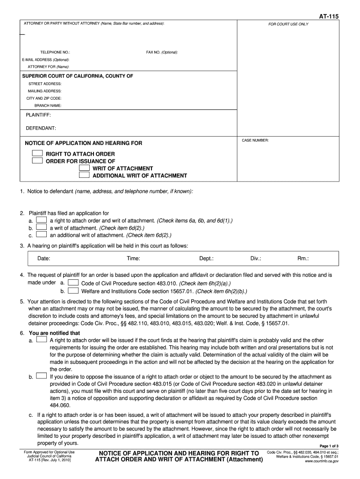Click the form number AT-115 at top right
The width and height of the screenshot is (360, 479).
[x=329, y=16]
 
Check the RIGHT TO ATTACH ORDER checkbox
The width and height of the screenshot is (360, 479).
[x=37, y=154]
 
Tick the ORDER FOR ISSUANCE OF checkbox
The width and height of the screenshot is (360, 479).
[x=37, y=161]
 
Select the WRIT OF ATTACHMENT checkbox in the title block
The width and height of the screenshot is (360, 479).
[x=84, y=168]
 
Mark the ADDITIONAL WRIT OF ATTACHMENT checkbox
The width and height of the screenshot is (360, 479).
[x=84, y=175]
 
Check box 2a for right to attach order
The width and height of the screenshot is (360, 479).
[x=42, y=220]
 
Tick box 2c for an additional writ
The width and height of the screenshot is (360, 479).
[x=42, y=235]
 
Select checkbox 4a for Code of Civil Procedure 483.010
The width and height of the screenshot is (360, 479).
[x=73, y=283]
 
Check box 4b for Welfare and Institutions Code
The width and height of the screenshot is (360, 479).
[x=73, y=290]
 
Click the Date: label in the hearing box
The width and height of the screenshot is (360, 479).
[x=44, y=258]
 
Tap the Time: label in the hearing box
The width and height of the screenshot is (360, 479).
[x=133, y=258]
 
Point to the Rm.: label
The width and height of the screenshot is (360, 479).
[x=303, y=258]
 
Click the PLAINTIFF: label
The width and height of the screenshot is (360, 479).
[x=38, y=115]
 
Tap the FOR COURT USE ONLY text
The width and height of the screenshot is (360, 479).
[x=288, y=24]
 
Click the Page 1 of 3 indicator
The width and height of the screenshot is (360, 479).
[x=329, y=446]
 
